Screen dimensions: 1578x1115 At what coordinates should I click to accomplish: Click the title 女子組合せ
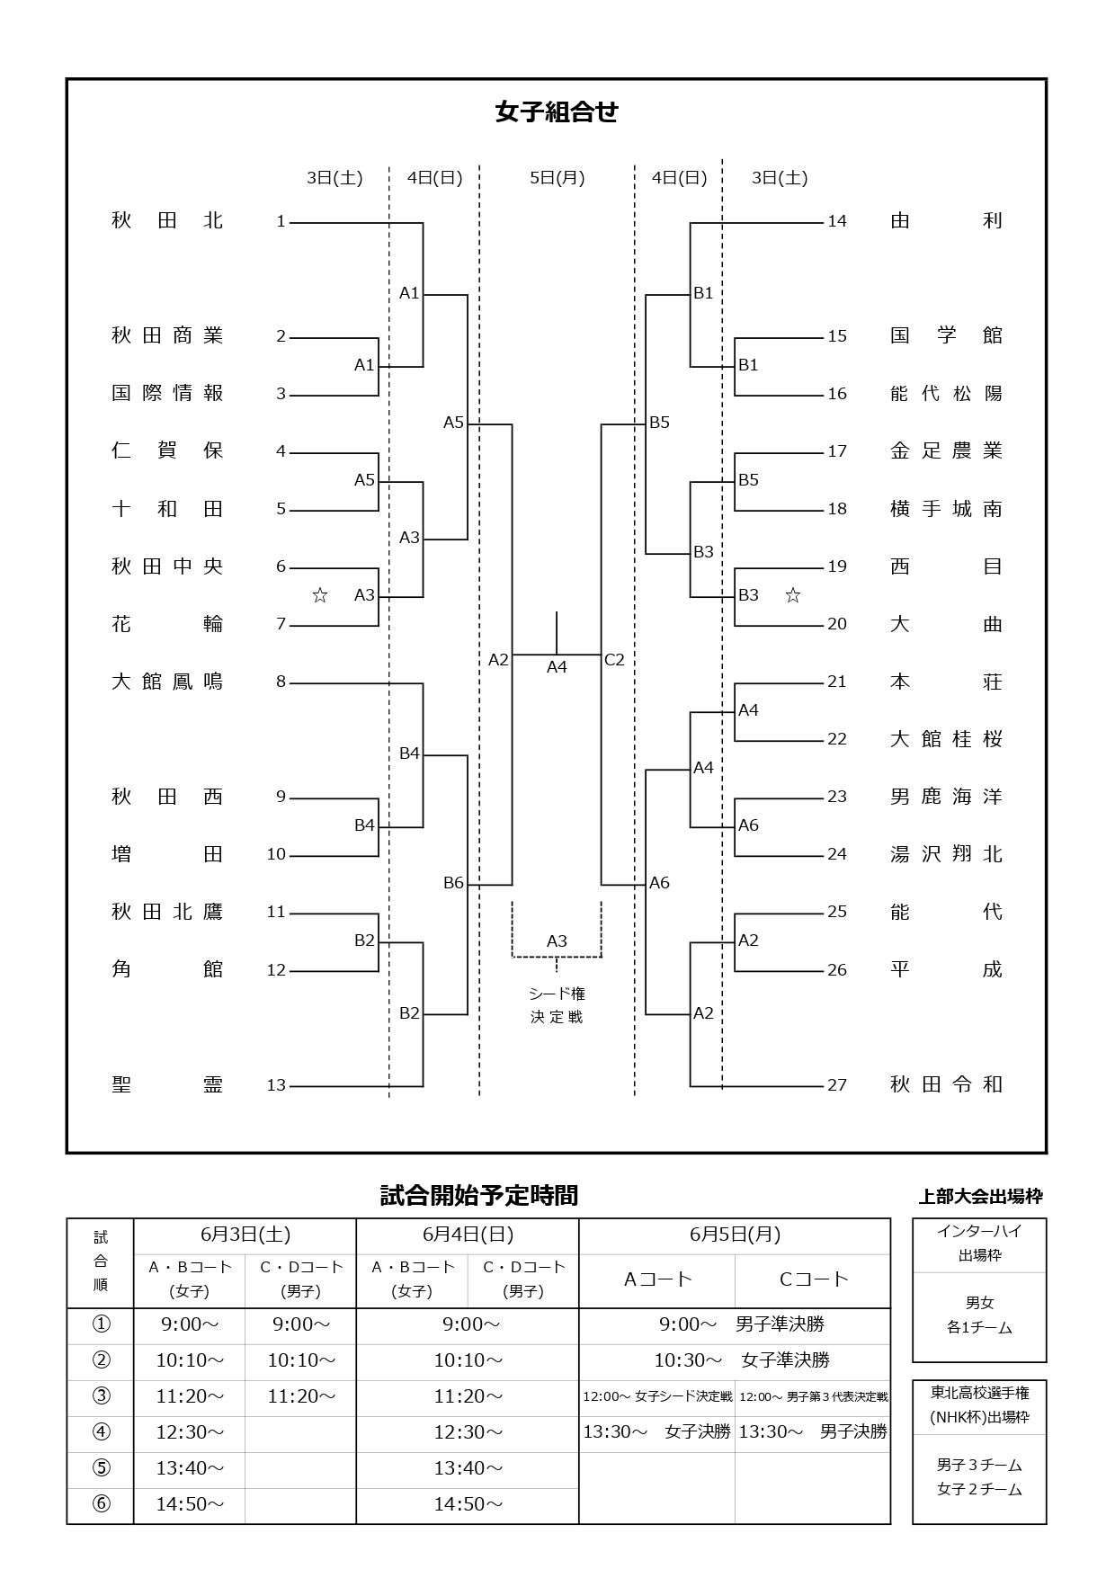point(557,111)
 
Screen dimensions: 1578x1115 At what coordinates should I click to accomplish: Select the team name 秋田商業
point(167,336)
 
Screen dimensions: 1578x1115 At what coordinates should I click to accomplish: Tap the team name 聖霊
point(167,1085)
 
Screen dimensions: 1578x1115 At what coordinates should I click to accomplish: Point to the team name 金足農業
point(946,451)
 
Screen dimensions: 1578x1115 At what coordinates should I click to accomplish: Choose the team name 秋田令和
point(946,1085)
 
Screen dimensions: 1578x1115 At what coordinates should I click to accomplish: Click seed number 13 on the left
point(276,1085)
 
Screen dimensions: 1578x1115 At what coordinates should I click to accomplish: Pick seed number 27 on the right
point(837,1085)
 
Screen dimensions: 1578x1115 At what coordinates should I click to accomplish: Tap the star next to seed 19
point(792,595)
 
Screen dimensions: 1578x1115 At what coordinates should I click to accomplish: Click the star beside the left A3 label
point(319,595)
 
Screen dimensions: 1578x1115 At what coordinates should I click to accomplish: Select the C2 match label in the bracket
point(614,660)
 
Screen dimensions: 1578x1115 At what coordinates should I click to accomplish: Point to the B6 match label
point(453,883)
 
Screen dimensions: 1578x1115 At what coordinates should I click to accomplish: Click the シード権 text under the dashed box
point(557,994)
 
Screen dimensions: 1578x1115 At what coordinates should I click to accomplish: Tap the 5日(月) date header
point(557,178)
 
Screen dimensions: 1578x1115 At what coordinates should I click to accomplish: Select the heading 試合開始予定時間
point(479,1196)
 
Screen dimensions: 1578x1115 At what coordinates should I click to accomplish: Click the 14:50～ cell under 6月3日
point(189,1504)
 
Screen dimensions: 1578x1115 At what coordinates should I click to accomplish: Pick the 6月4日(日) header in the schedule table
point(468,1235)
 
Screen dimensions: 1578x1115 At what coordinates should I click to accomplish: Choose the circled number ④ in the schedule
point(101,1432)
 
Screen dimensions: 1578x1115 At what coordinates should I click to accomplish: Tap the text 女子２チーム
point(979,1490)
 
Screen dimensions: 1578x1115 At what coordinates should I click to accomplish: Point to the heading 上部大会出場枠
point(980,1197)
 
